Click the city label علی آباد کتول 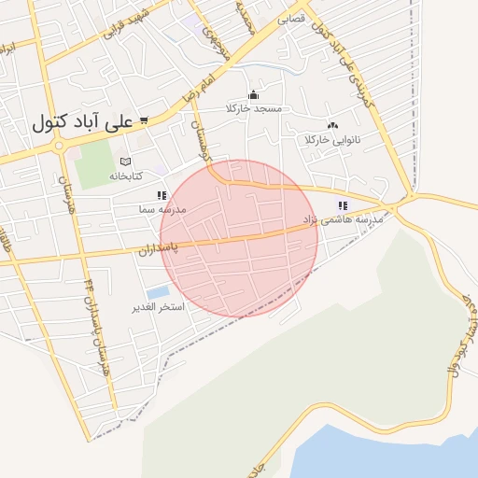pyautogui.click(x=82, y=122)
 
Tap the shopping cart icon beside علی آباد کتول pyautogui.click(x=144, y=119)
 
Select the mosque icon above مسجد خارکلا pyautogui.click(x=253, y=94)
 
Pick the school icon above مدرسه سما pyautogui.click(x=162, y=196)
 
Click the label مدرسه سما pyautogui.click(x=161, y=210)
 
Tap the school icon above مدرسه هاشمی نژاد pyautogui.click(x=343, y=205)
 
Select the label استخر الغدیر pyautogui.click(x=158, y=307)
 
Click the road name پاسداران pyautogui.click(x=159, y=249)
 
